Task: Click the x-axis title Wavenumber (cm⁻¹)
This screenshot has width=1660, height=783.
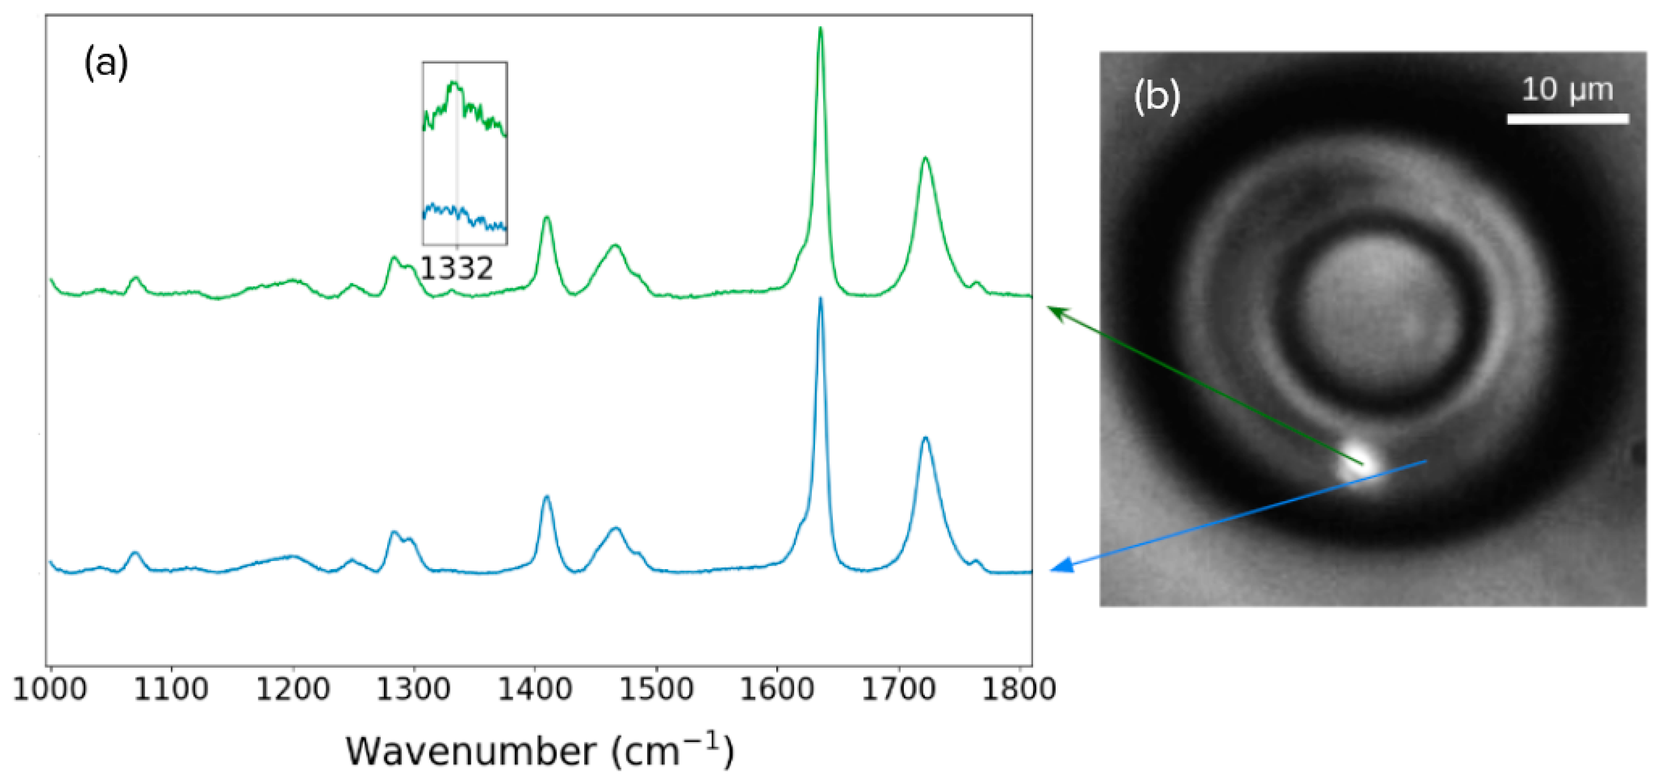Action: pos(539,751)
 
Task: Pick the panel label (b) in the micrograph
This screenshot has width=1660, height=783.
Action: pos(1157,97)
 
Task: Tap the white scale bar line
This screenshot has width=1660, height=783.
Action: pos(1567,119)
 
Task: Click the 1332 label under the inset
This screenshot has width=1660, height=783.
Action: pos(456,268)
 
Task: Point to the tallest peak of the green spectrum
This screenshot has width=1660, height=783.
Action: pos(820,29)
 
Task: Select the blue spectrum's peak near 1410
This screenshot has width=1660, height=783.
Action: pos(546,497)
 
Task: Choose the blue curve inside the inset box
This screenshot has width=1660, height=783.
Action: pos(451,211)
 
